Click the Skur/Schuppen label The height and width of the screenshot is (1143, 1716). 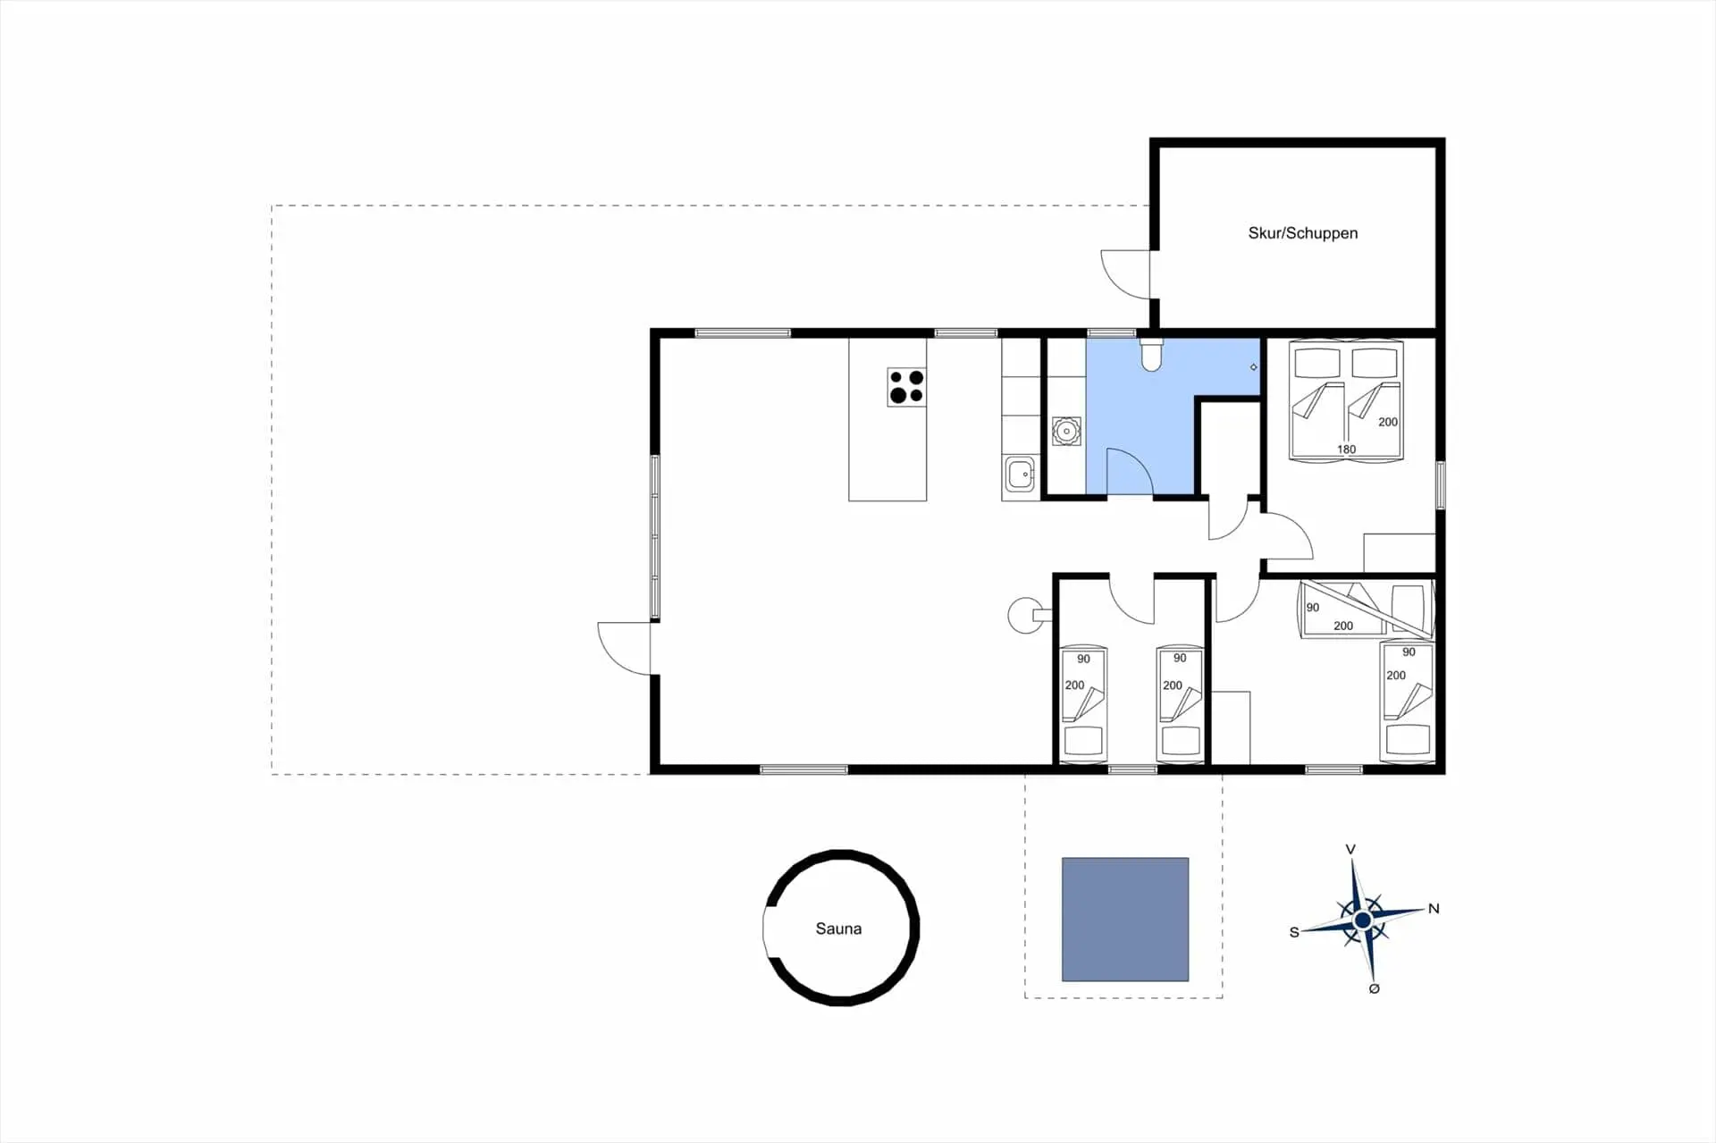tap(1302, 233)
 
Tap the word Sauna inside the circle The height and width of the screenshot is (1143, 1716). tap(838, 929)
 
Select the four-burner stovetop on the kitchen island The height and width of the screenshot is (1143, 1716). tap(906, 387)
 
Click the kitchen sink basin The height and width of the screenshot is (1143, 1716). tap(1020, 474)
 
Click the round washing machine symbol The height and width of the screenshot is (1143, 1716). tap(1066, 431)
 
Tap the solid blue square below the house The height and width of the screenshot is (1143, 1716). tap(1125, 920)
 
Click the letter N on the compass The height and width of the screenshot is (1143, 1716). tap(1434, 908)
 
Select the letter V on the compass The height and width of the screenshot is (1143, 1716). tap(1350, 849)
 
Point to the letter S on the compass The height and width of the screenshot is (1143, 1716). tap(1293, 932)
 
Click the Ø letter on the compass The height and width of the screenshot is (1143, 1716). tap(1374, 988)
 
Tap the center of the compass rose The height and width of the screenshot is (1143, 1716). tap(1362, 920)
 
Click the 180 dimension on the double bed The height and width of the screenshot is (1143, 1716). tap(1346, 450)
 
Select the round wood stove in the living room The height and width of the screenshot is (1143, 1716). tap(1026, 615)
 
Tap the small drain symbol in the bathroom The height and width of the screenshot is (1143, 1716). tap(1253, 367)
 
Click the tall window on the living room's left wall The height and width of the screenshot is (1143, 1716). tap(655, 537)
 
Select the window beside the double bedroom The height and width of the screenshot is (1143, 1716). tap(1440, 485)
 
